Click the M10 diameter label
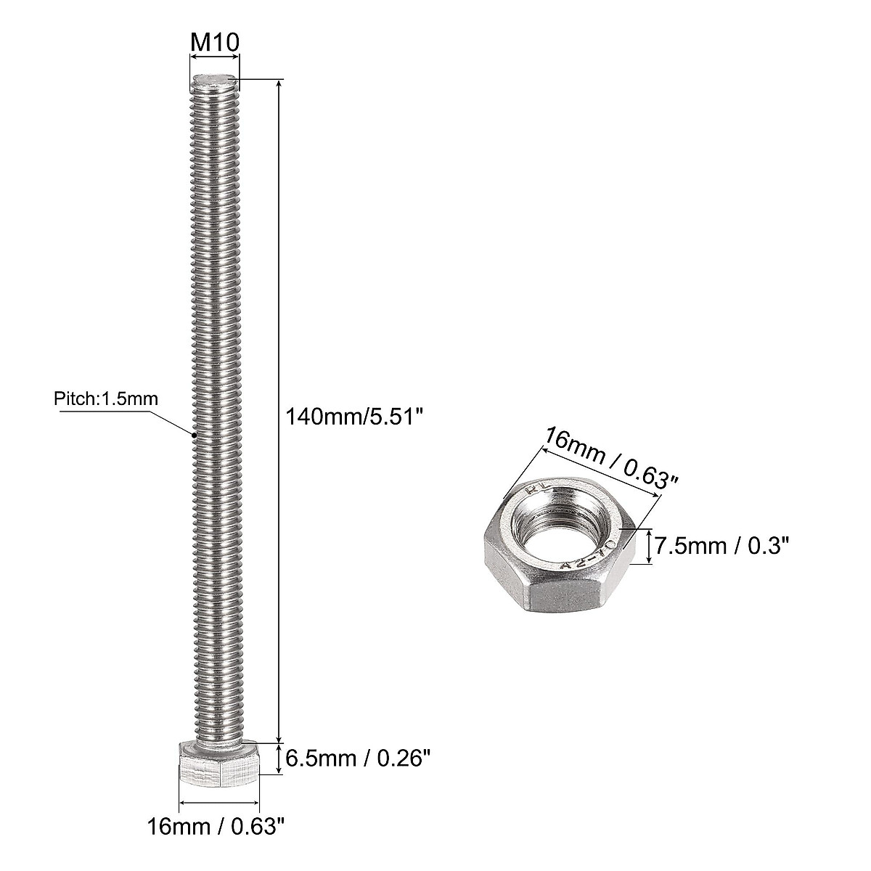214,42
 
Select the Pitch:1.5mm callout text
105,398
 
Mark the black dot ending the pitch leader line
195,435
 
